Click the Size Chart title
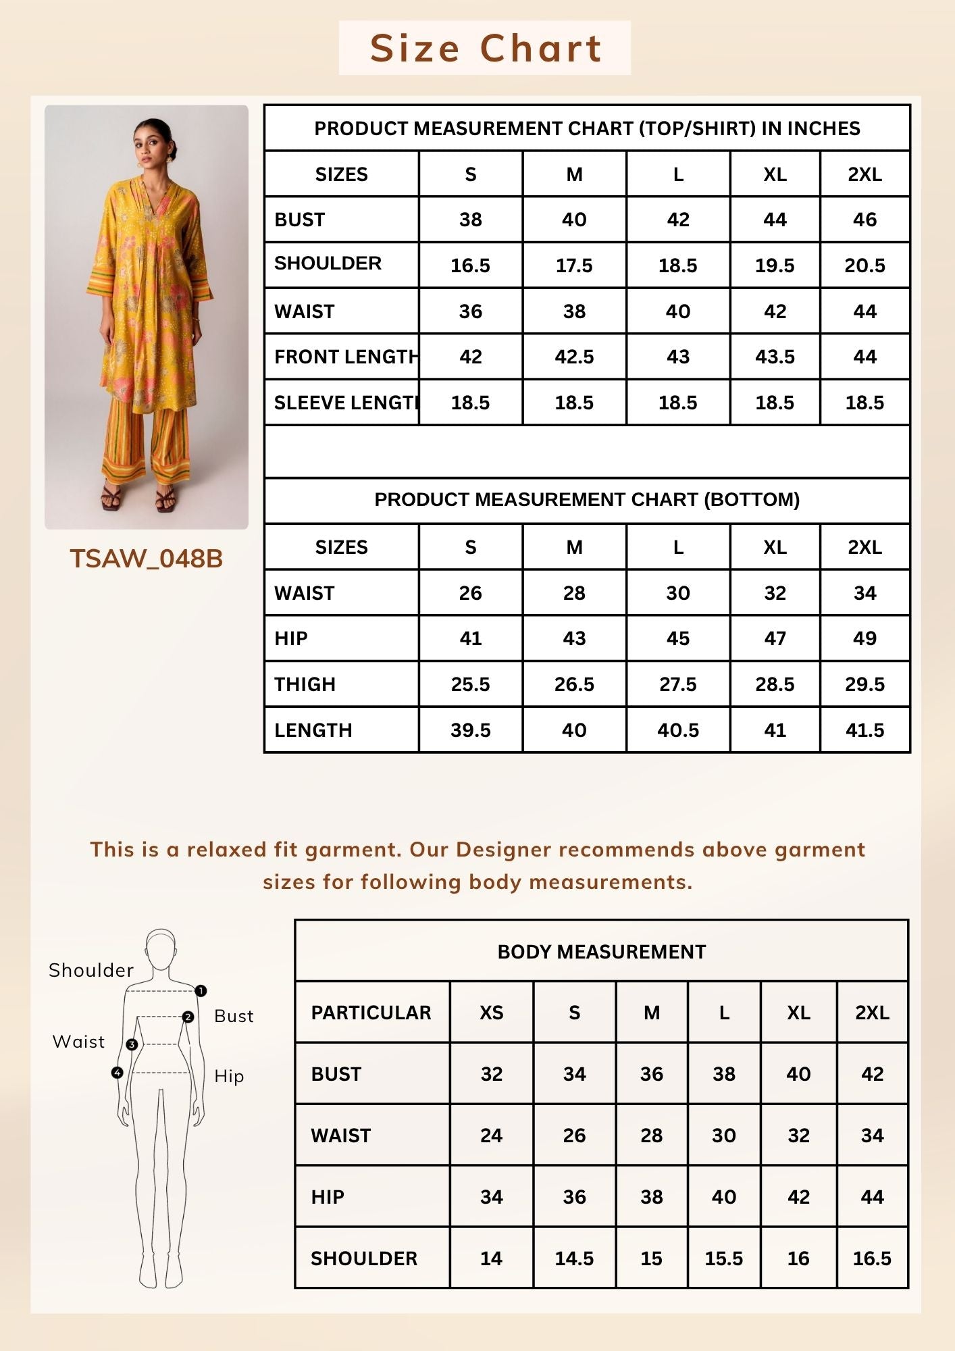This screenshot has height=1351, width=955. click(x=485, y=49)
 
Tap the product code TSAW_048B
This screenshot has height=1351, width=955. click(x=146, y=559)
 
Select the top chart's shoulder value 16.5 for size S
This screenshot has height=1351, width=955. click(x=470, y=265)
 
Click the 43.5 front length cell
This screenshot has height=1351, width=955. click(x=775, y=357)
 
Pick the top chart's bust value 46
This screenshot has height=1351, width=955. click(x=864, y=220)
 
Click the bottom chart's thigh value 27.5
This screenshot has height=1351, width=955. click(x=677, y=684)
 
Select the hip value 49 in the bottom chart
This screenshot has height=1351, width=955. click(x=864, y=638)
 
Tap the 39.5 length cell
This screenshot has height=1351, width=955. click(x=470, y=730)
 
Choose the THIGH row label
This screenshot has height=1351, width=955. click(x=305, y=684)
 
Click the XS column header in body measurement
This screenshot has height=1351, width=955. click(x=491, y=1013)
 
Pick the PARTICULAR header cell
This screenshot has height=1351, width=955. click(x=371, y=1013)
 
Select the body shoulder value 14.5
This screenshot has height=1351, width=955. click(x=574, y=1258)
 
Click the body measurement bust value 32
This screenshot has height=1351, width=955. click(x=491, y=1074)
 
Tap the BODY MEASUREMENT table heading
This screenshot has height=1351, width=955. click(x=601, y=952)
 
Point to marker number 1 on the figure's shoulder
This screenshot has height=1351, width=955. click(x=201, y=991)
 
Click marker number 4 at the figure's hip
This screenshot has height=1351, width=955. click(x=118, y=1073)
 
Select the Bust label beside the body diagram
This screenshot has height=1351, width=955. click(x=234, y=1016)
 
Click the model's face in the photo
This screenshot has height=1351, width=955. click(x=153, y=142)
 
